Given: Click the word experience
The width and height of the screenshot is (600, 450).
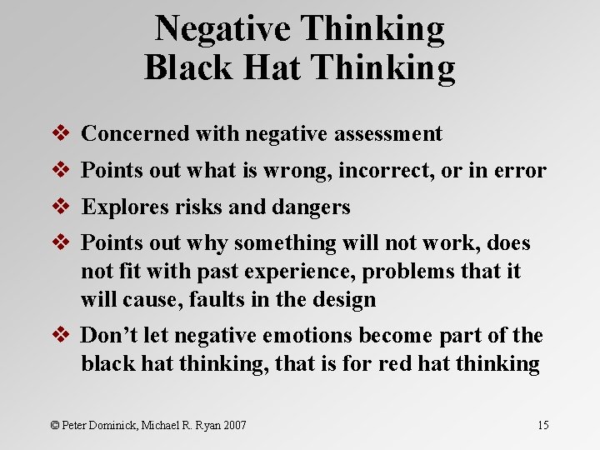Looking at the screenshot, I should click(302, 271).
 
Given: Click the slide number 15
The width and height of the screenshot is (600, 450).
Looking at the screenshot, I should click(542, 426).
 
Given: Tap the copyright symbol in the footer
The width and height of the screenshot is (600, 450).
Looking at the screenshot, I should click(55, 426).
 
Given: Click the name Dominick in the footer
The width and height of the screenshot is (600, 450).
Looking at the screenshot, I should click(117, 426).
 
